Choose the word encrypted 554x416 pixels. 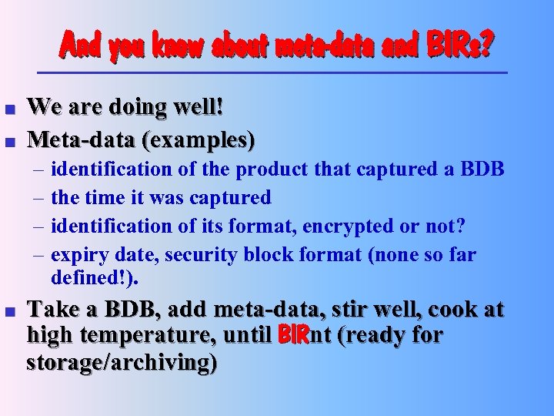(x=350, y=226)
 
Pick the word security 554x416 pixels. (x=218, y=255)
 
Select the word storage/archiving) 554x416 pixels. (x=122, y=362)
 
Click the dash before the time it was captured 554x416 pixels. (x=38, y=198)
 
